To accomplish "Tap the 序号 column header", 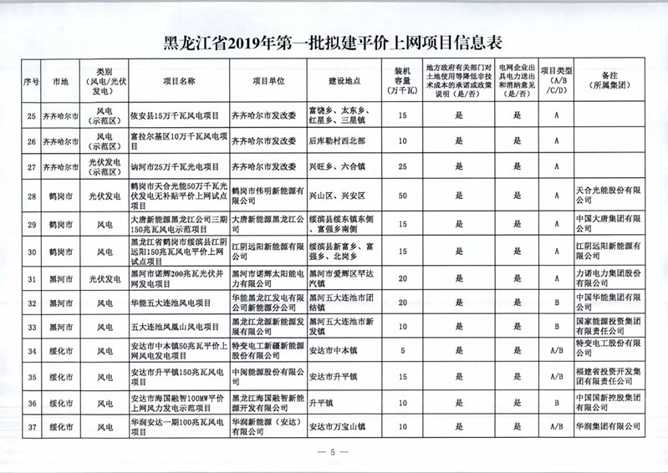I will coord(32,82).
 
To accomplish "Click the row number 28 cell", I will coord(32,197).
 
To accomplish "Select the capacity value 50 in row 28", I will coord(403,197).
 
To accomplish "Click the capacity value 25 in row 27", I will coord(403,167).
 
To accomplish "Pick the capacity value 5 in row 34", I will coord(403,352).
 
